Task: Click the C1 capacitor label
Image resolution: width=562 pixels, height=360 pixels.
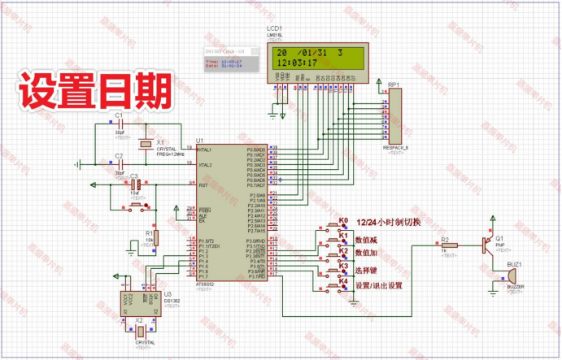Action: tap(119, 117)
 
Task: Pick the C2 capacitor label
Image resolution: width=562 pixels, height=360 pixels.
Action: tap(119, 154)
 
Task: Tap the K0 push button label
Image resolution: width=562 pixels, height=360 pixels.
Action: tap(343, 220)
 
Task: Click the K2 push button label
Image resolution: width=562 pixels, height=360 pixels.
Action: tap(343, 250)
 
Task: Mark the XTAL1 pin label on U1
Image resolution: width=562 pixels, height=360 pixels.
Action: tap(204, 150)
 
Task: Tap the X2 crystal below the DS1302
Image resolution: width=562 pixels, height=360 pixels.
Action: tap(140, 330)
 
